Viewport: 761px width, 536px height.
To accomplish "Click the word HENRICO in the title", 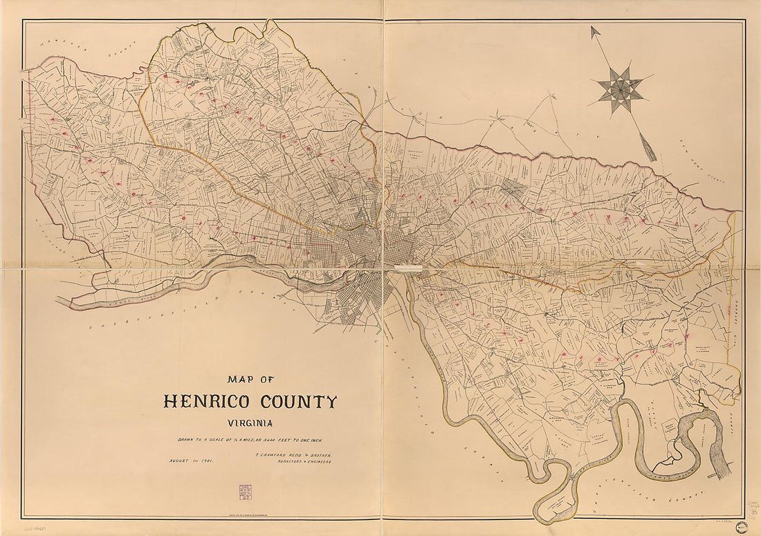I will coord(208,402).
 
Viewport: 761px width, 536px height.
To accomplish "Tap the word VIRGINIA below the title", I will coord(250,423).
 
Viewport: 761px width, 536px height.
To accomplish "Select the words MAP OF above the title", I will coord(250,379).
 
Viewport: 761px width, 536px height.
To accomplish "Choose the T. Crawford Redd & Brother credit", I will coord(293,456).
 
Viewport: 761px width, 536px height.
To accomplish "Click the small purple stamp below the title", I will coord(245,492).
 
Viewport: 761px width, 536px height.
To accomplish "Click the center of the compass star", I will coord(621,89).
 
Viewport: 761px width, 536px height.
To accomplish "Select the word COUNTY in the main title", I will coord(298,402).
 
